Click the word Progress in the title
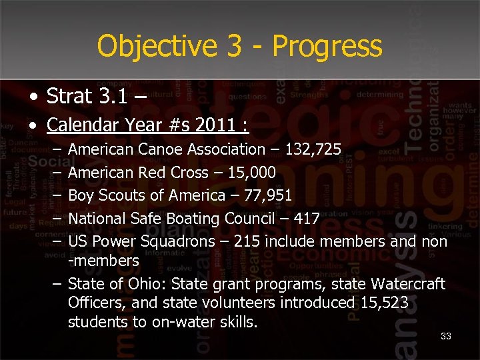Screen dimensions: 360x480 pyautogui.click(x=327, y=47)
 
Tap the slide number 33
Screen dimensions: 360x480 pyautogui.click(x=446, y=336)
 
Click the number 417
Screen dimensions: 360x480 pyautogui.click(x=306, y=219)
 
